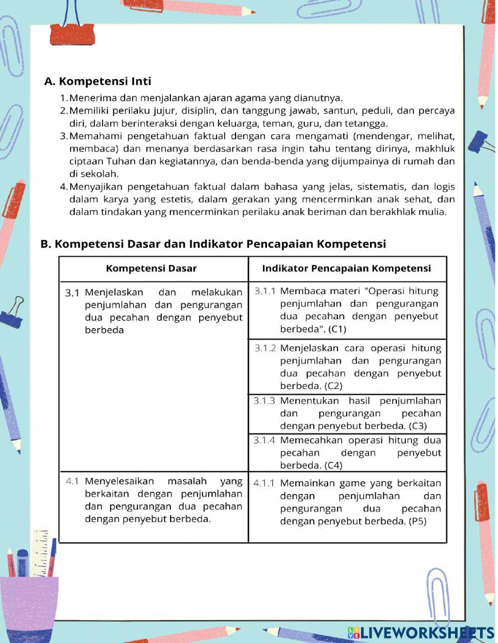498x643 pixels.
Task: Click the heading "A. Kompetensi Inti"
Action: [x=98, y=81]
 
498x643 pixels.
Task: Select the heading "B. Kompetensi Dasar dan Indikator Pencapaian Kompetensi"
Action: [x=213, y=244]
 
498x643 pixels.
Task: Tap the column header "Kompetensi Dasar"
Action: [x=151, y=268]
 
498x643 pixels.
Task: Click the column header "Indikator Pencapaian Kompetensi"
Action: [x=346, y=268]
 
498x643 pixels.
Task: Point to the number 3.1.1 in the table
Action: [x=264, y=291]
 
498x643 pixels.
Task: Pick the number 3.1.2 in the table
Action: [x=264, y=348]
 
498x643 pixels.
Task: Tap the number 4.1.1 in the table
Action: [x=263, y=483]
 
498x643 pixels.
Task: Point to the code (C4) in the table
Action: [x=333, y=466]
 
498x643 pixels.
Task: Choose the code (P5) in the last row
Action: [x=417, y=521]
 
